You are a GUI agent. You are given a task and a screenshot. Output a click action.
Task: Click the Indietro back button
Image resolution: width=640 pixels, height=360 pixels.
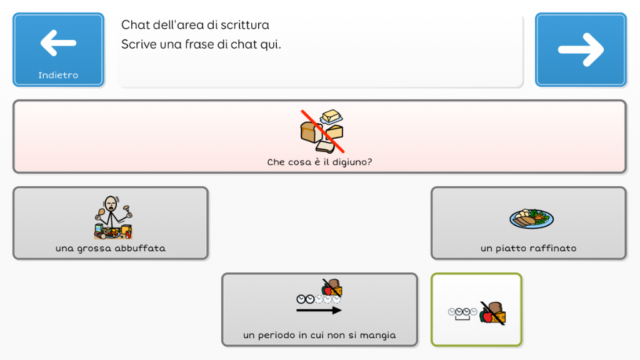point(58,49)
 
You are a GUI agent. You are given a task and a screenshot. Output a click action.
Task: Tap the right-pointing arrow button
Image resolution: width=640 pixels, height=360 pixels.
point(581,49)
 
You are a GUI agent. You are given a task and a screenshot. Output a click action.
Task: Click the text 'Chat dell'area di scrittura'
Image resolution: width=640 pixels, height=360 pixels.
point(195,25)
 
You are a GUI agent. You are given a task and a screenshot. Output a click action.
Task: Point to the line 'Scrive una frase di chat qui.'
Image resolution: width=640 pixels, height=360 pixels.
point(201,44)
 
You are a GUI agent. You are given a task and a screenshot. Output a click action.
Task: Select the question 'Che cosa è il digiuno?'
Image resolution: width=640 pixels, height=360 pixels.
point(319,162)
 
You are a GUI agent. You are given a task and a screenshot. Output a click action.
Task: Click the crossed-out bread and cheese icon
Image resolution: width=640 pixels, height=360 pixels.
point(322,131)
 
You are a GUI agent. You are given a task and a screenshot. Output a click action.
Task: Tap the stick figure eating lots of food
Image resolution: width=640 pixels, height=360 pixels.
point(113,217)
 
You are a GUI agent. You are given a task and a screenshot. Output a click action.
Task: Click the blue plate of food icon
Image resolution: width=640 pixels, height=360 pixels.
point(531,218)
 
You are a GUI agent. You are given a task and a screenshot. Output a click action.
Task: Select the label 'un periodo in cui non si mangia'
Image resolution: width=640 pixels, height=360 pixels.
point(319,335)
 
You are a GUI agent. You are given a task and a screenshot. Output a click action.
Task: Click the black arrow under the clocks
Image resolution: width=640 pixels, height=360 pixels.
point(319,311)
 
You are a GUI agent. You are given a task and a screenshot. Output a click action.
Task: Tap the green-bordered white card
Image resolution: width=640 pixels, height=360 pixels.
point(476,309)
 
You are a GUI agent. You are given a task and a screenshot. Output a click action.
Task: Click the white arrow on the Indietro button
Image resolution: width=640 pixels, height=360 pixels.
point(58,42)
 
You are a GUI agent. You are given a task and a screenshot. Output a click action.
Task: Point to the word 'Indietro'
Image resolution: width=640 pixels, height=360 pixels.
point(58,75)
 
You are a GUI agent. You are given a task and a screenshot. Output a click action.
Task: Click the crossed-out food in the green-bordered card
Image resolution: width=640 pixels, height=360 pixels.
point(492,313)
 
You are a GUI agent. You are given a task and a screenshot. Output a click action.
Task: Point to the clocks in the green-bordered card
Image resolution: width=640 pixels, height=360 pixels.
point(462,313)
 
